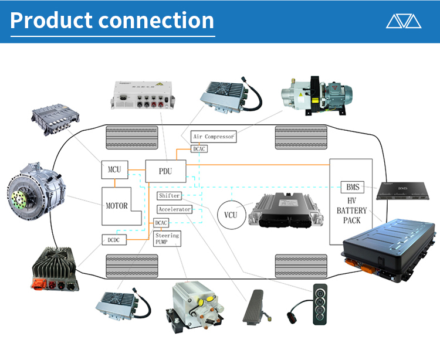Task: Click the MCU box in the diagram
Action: (114, 170)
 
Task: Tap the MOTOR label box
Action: (117, 206)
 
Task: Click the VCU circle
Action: (231, 215)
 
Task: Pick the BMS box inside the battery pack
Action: (352, 188)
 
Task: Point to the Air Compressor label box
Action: (214, 137)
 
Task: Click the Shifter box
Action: (169, 196)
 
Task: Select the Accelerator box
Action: (174, 209)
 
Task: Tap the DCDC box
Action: (112, 239)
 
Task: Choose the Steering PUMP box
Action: (167, 239)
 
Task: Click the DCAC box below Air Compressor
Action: (199, 149)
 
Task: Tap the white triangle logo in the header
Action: (404, 21)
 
